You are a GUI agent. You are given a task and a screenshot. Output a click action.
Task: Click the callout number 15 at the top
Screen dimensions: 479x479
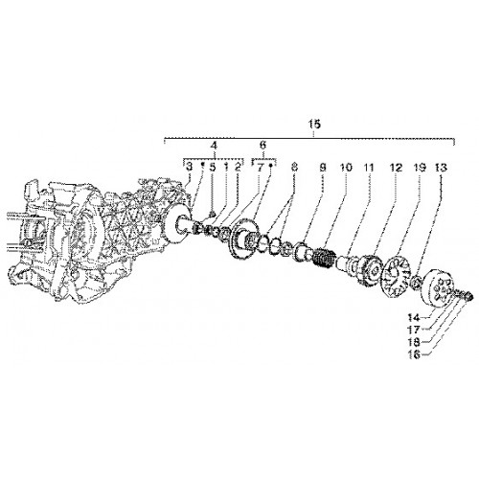coord(314,125)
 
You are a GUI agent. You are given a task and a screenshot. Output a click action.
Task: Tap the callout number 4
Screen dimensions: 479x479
coord(214,146)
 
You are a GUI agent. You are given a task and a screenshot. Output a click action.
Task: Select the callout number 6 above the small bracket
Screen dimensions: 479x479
coord(262,145)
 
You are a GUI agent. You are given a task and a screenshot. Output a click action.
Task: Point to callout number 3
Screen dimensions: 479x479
coord(189,167)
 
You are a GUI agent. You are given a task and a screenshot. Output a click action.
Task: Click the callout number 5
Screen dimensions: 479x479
coord(213,167)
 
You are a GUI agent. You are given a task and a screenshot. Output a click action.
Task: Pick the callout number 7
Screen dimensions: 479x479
coord(260,167)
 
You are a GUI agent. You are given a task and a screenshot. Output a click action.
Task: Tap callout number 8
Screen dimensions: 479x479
coord(294,167)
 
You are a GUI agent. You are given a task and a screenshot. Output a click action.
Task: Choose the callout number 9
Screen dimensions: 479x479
coord(323,167)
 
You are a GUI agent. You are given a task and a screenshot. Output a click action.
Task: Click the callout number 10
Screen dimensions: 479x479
coord(346,167)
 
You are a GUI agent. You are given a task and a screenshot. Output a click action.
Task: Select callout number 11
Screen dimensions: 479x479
coord(369,167)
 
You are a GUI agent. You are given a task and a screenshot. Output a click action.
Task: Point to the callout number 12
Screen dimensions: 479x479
coord(396,167)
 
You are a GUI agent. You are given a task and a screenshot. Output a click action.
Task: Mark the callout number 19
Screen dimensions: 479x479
coord(420,167)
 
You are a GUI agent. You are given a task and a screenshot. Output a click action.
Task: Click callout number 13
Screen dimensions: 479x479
coord(442,167)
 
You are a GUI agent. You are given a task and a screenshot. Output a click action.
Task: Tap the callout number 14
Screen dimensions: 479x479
coord(414,318)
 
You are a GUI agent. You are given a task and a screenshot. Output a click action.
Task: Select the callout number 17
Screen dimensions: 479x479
coord(414,330)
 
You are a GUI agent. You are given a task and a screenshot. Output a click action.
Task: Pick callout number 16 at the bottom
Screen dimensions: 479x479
coord(414,354)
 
